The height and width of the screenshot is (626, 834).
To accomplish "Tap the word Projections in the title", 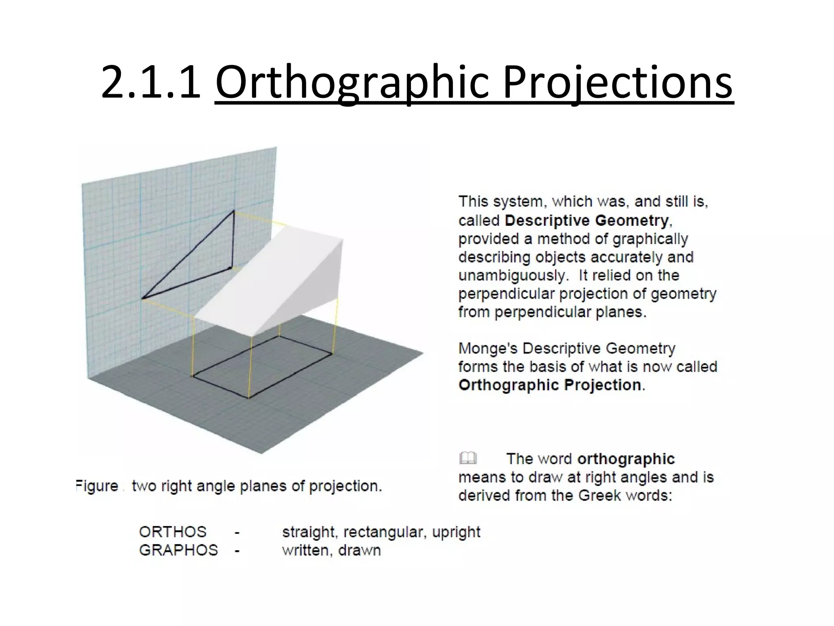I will [x=618, y=84].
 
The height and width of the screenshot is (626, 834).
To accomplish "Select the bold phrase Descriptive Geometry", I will [x=586, y=220].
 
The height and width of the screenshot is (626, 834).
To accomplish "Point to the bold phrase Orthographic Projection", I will [x=550, y=385].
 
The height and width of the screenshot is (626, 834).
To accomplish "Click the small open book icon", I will [x=468, y=458].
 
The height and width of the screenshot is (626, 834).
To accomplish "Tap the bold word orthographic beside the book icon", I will [x=626, y=459].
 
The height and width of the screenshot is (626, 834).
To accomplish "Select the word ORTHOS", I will [x=173, y=532].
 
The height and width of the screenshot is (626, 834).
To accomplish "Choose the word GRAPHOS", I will [x=178, y=550].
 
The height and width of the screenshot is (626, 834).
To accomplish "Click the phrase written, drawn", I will [x=331, y=550].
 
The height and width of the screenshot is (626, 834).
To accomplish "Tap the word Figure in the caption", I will [x=97, y=486].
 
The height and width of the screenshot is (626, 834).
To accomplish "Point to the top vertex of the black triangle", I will [x=234, y=211].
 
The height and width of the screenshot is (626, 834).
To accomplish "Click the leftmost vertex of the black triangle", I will [x=143, y=299].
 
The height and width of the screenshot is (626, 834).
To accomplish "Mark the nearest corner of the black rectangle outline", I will [x=249, y=398].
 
